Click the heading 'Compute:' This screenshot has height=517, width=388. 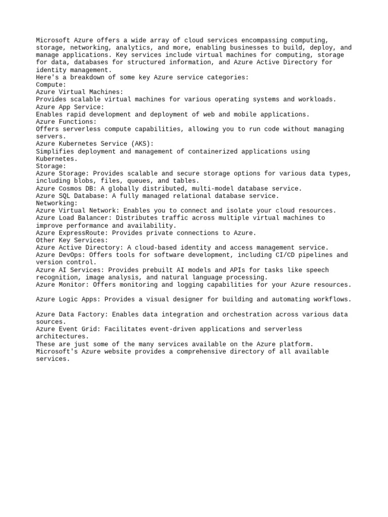[51, 85]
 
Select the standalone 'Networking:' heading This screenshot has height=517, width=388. [57, 203]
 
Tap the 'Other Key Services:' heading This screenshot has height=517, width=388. [72, 240]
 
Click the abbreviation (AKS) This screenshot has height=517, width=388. [140, 144]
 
